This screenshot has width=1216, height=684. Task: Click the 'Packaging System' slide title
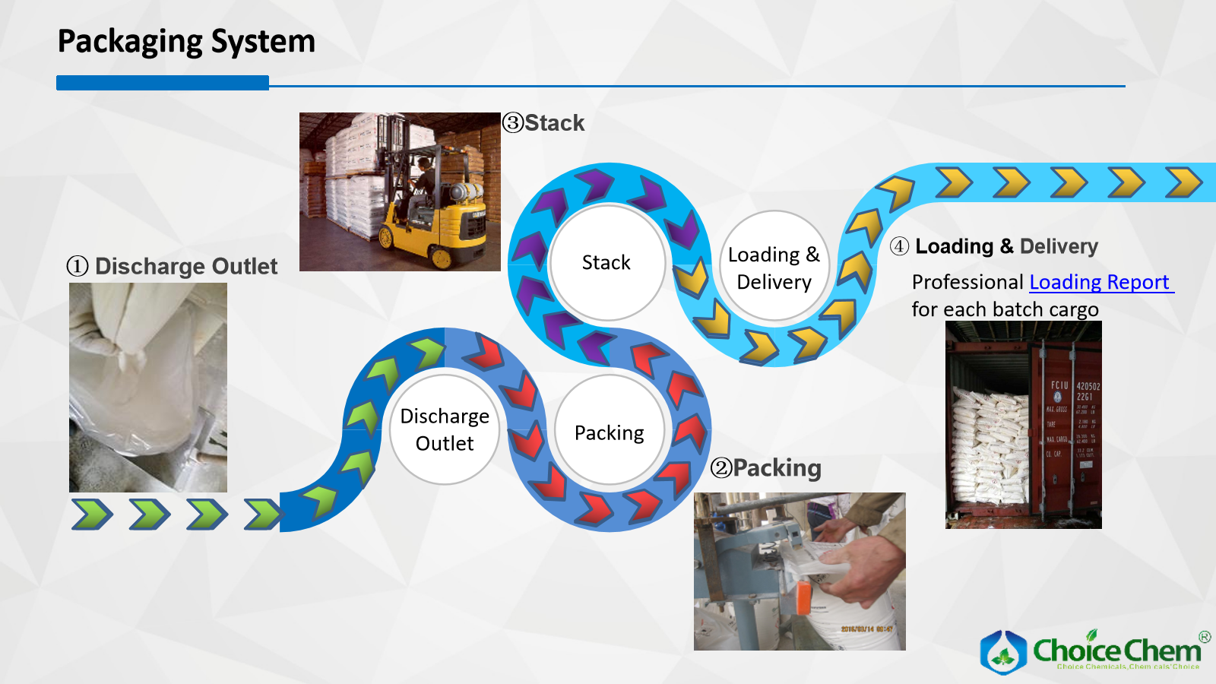186,42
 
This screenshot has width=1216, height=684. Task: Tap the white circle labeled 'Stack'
606,262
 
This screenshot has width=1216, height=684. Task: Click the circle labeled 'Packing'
609,432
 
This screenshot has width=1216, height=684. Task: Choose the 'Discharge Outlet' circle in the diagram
445,429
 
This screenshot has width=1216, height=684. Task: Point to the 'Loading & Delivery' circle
774,268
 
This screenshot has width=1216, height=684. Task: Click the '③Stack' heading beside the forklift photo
544,123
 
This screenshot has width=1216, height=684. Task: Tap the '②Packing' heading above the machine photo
766,468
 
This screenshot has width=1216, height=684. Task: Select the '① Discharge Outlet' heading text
173,267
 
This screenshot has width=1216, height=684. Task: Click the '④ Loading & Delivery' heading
994,247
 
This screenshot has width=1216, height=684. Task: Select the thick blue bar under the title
163,83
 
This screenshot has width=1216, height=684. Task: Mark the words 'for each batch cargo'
1005,310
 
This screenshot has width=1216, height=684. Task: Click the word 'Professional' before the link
967,282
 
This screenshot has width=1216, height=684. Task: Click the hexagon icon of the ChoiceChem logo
1003,652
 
